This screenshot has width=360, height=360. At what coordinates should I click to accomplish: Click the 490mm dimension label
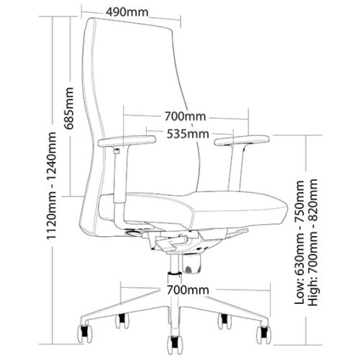tap(127, 12)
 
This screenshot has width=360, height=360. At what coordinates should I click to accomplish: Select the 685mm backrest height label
tap(69, 108)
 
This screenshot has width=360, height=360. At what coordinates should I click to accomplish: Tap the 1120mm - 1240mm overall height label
tap(52, 186)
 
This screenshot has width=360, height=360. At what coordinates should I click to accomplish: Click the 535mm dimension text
tap(188, 134)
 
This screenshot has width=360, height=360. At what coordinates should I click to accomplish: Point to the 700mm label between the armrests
tap(185, 117)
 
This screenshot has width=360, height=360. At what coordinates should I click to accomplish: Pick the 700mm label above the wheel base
tap(188, 290)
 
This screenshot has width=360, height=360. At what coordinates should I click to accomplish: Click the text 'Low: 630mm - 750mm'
tap(300, 243)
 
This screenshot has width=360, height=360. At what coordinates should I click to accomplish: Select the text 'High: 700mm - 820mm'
tap(313, 243)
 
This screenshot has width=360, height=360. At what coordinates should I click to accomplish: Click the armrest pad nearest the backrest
tap(127, 141)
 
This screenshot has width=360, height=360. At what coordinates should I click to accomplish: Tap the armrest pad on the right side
tap(242, 140)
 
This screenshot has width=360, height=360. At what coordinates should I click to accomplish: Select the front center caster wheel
tap(175, 345)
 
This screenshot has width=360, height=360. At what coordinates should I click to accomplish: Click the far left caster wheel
tap(85, 333)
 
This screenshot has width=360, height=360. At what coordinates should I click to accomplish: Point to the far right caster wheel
tap(264, 335)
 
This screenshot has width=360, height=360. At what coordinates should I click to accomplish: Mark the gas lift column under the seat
tap(174, 265)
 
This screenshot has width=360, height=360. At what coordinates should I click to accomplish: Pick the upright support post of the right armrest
tap(236, 168)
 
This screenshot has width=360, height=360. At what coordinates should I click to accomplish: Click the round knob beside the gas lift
tap(192, 264)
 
